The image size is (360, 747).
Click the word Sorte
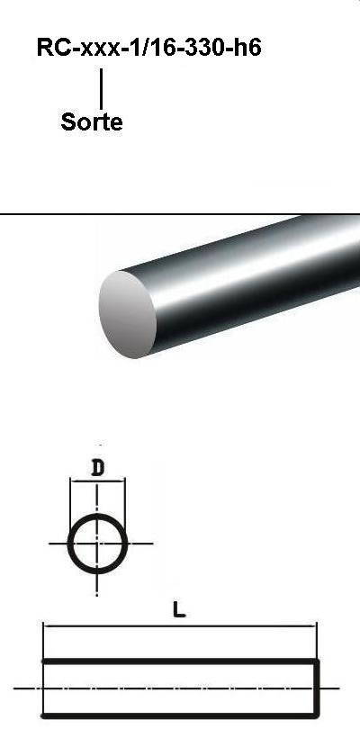click(x=92, y=122)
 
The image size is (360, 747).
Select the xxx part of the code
click(x=101, y=50)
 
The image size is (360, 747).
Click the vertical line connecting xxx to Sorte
click(x=101, y=89)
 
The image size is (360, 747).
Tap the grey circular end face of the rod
click(x=128, y=314)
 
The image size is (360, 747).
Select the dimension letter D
click(x=97, y=469)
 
